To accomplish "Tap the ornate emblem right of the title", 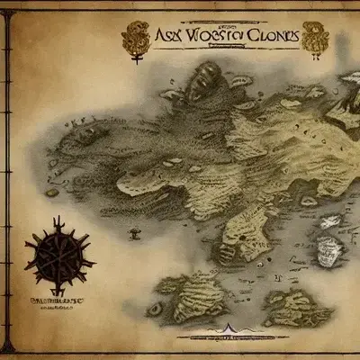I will click(x=318, y=36).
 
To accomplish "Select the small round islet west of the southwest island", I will click(x=155, y=309).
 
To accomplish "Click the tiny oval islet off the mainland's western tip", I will click(x=52, y=191).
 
